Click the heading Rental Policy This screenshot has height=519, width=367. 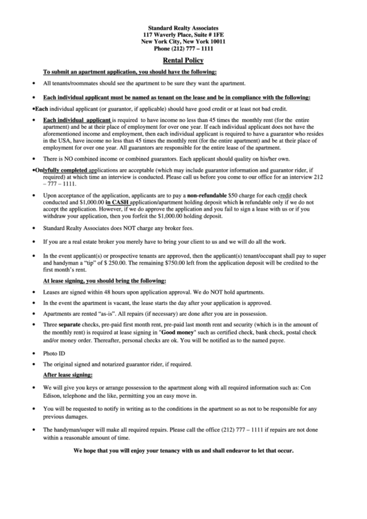(x=183, y=61)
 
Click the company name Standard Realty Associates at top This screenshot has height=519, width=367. (x=183, y=26)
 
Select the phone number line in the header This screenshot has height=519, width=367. (x=183, y=49)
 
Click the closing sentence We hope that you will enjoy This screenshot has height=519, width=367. (x=183, y=450)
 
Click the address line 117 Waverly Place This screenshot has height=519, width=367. (x=183, y=34)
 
